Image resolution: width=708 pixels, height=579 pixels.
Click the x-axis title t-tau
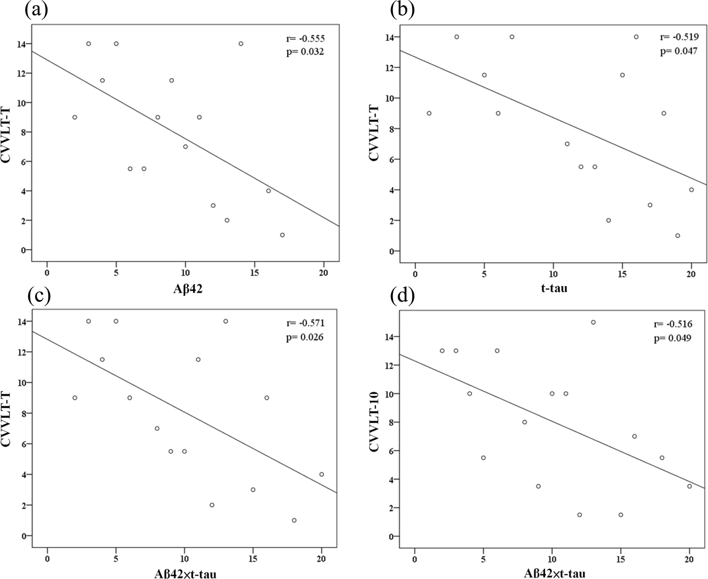(x=554, y=288)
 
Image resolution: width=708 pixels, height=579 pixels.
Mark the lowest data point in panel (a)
(x=282, y=235)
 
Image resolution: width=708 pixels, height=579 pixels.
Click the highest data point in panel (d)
(x=593, y=322)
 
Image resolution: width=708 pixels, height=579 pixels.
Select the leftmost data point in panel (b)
(x=429, y=113)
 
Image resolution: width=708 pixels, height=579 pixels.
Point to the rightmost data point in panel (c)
(x=322, y=474)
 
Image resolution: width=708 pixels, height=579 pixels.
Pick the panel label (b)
(x=402, y=10)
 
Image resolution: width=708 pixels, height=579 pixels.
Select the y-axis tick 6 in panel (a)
(x=23, y=162)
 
